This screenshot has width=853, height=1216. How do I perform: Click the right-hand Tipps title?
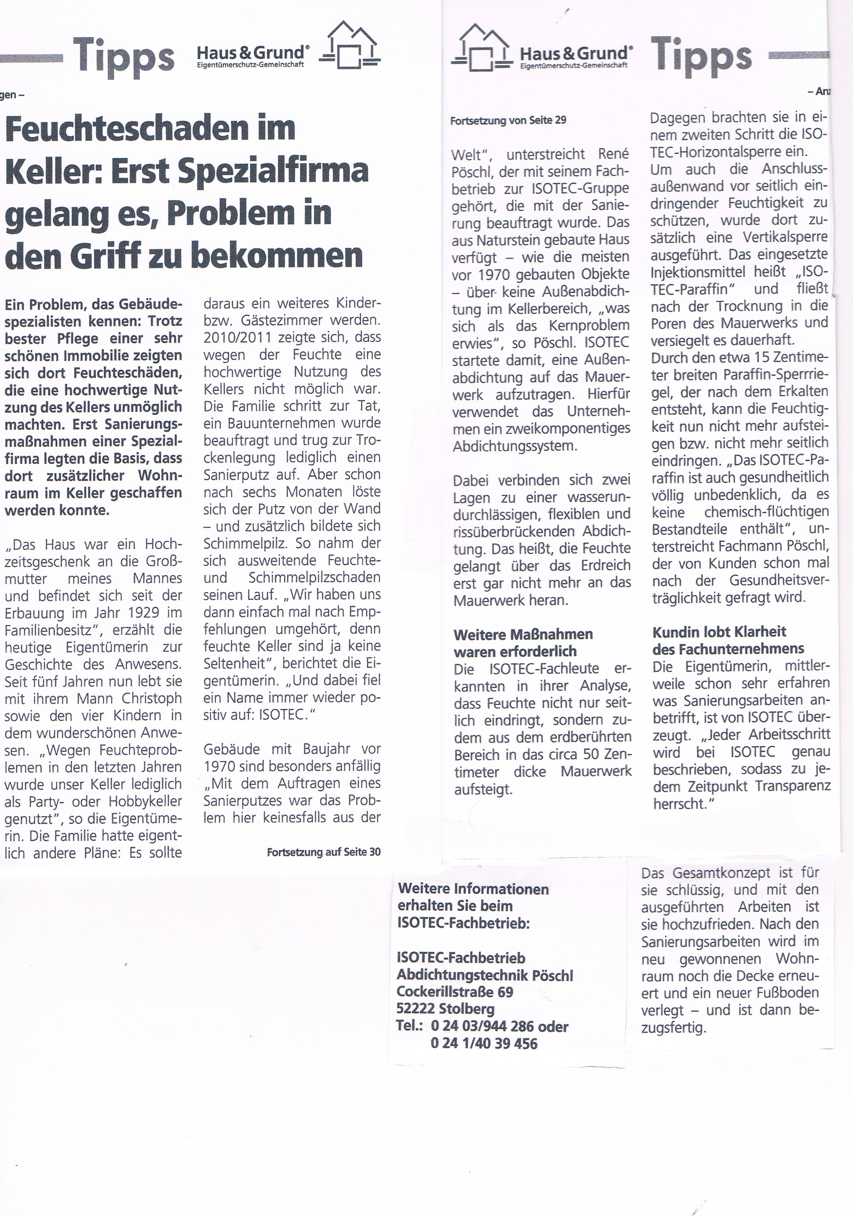point(700,56)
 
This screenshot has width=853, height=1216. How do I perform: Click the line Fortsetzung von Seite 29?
point(507,121)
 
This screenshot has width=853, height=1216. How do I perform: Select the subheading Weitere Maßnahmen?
point(522,635)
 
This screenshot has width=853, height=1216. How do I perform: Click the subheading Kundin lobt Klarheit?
point(719,632)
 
